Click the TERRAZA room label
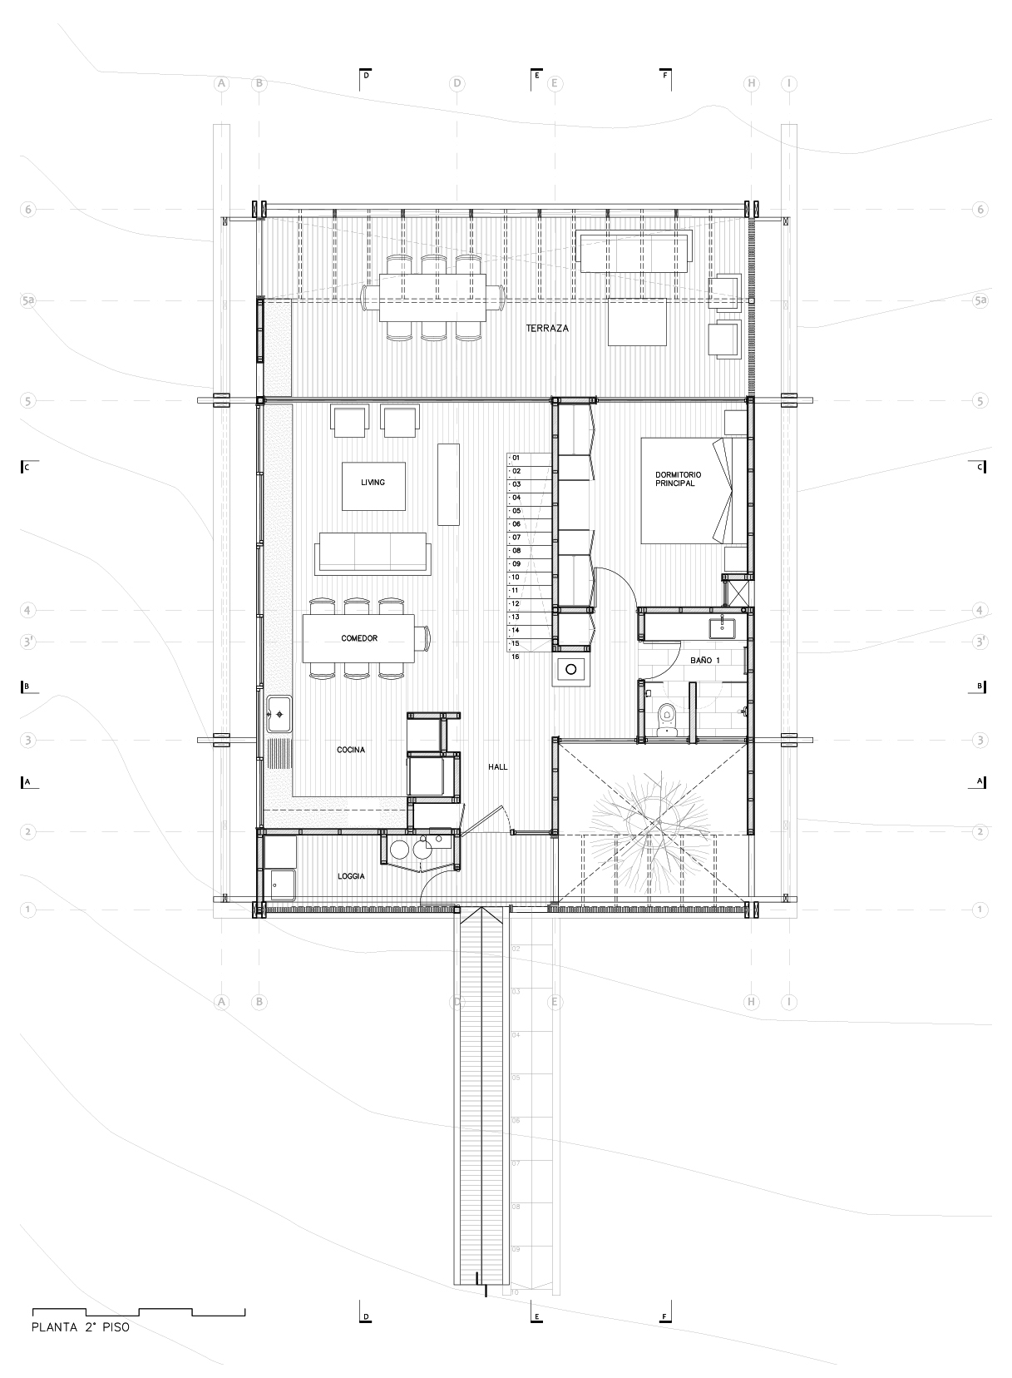coord(547,329)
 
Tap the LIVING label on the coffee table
coord(373,483)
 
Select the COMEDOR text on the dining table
coord(359,638)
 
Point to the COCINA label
coord(351,750)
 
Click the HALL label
coord(498,767)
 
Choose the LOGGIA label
coord(351,876)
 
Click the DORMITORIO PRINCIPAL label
coord(674,479)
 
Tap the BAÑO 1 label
coord(705,660)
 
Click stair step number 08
coord(516,551)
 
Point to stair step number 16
coord(516,657)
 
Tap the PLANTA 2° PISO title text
coord(80,1328)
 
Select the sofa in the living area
coord(373,554)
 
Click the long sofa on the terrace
coord(634,251)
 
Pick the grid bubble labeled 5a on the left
coord(28,300)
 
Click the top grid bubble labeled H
coord(752,83)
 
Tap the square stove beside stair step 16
coord(572,667)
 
